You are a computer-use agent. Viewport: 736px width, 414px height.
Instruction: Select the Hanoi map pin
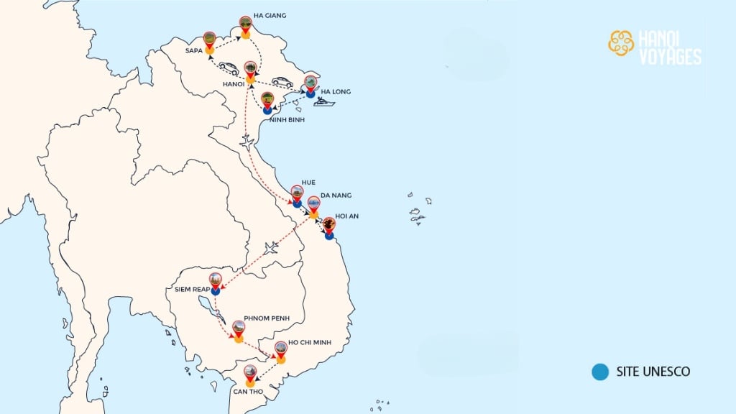pyautogui.click(x=250, y=70)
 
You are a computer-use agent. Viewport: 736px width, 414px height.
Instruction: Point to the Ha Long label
pyautogui.click(x=334, y=92)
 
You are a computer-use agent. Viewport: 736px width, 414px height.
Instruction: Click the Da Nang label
pyautogui.click(x=338, y=195)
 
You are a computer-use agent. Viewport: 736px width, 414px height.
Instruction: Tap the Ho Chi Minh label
pyautogui.click(x=311, y=344)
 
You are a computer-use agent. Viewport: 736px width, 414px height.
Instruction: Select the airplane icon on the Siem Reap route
pyautogui.click(x=271, y=249)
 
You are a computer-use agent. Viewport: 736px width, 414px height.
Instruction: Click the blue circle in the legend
pyautogui.click(x=599, y=372)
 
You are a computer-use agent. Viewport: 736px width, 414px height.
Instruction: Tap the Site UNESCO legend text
pyautogui.click(x=653, y=372)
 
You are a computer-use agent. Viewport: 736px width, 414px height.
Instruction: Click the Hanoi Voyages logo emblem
pyautogui.click(x=621, y=43)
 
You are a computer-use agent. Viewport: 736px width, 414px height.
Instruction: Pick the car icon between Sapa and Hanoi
pyautogui.click(x=229, y=68)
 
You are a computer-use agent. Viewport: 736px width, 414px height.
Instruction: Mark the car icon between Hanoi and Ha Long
pyautogui.click(x=282, y=82)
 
